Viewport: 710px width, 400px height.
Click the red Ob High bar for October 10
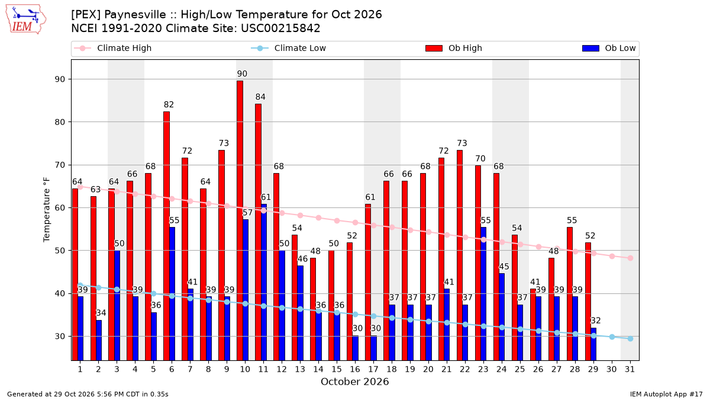pos(240,220)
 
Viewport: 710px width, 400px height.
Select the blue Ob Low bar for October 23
pos(483,294)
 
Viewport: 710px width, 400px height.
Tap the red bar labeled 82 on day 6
pos(166,236)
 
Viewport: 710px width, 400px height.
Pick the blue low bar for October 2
pos(99,340)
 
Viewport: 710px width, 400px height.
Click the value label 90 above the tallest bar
pos(242,74)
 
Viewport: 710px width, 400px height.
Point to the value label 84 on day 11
pos(260,97)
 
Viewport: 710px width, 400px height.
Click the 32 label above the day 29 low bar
pos(596,321)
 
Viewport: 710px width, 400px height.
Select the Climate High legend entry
pos(112,48)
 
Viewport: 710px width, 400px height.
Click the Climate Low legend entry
pos(288,48)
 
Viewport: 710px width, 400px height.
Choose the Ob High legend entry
pos(454,48)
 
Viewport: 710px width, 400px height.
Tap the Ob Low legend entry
pos(609,48)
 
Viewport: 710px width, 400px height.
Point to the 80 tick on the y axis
pos(60,122)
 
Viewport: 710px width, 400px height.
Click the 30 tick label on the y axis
pos(60,337)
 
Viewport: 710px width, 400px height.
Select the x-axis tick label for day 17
pos(373,369)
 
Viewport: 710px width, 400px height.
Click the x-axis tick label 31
pos(630,369)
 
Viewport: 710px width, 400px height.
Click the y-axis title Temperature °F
pos(47,210)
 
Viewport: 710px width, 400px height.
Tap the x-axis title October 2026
pos(354,382)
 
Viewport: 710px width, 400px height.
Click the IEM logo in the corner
pos(26,20)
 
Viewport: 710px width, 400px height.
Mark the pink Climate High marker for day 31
pos(631,258)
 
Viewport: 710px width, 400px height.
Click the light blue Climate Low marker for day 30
pos(612,337)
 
